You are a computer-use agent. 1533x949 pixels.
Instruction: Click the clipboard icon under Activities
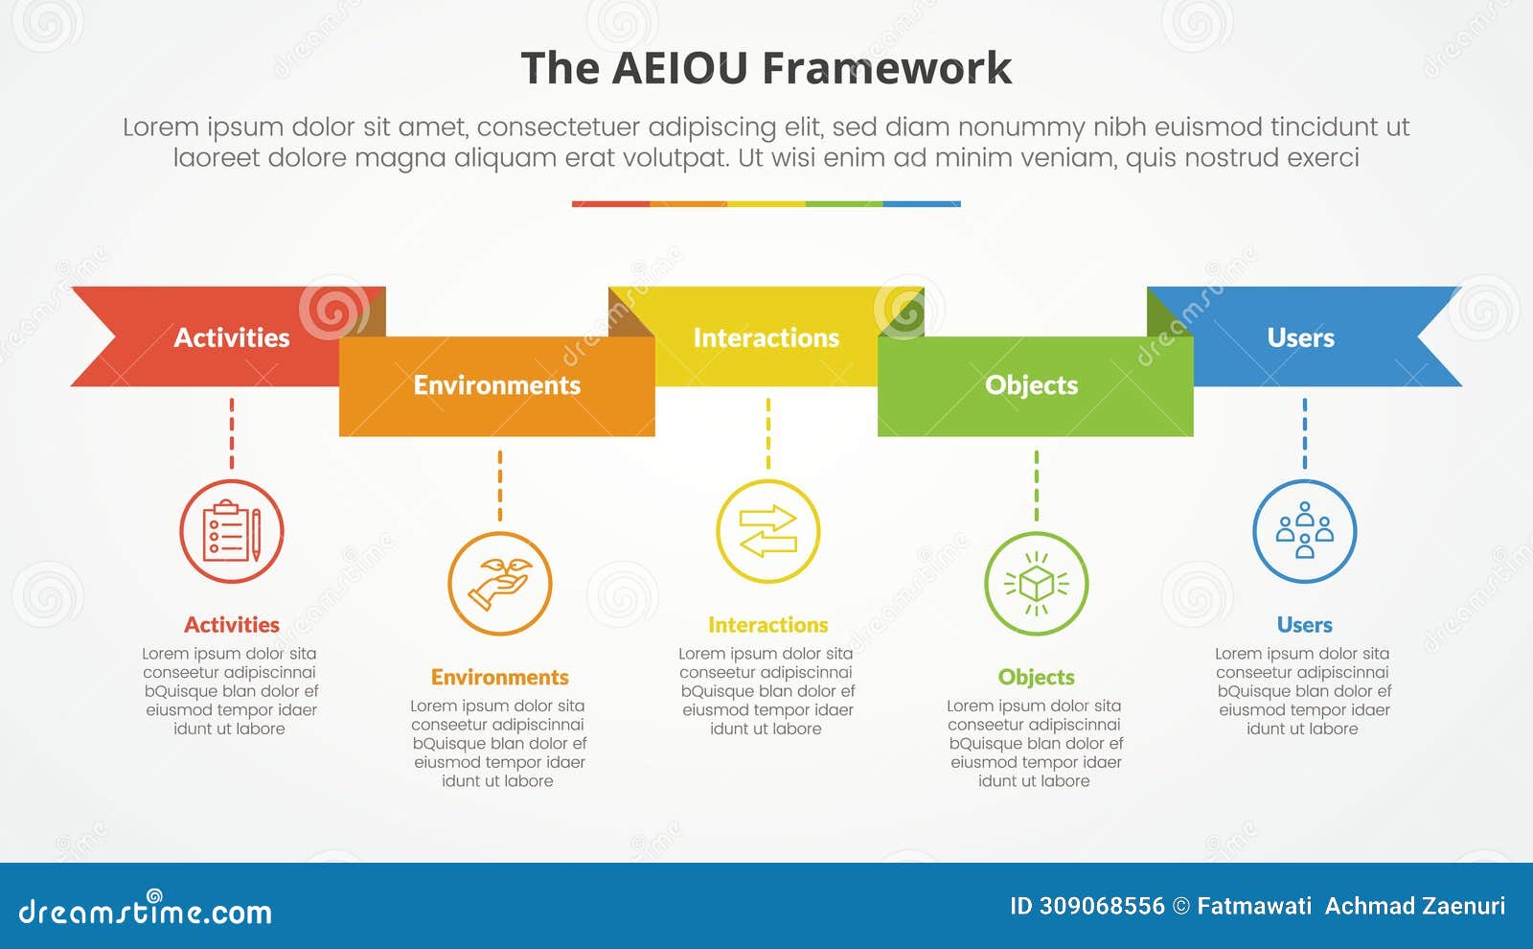click(x=232, y=531)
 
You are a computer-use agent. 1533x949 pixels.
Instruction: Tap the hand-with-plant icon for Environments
click(x=500, y=583)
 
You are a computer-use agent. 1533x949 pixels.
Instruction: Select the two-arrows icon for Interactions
click(x=768, y=531)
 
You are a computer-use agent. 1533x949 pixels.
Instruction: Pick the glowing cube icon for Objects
click(x=1037, y=583)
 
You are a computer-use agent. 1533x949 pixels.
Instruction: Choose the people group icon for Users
click(x=1305, y=531)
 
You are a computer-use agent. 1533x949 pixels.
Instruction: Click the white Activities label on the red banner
click(x=232, y=337)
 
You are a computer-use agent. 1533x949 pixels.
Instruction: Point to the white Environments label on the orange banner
click(x=497, y=385)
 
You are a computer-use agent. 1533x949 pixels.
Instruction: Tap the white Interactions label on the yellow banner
click(x=766, y=337)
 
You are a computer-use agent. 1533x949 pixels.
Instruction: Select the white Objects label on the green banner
click(x=1032, y=385)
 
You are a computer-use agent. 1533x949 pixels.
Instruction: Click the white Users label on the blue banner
click(x=1300, y=337)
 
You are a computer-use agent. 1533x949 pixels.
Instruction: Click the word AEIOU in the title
click(x=679, y=69)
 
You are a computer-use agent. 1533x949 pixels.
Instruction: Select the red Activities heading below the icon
click(x=232, y=625)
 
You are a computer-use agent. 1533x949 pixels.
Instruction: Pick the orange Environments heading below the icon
click(x=500, y=678)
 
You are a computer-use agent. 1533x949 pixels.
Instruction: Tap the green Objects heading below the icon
click(x=1037, y=678)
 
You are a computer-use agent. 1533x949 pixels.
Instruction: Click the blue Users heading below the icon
click(x=1305, y=625)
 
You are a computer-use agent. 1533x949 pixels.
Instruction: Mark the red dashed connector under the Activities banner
click(x=232, y=433)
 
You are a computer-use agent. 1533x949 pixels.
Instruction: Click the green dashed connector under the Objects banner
click(x=1037, y=485)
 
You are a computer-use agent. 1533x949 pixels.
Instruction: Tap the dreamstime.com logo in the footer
click(x=146, y=911)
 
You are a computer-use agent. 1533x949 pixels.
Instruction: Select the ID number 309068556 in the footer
click(x=1102, y=906)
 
